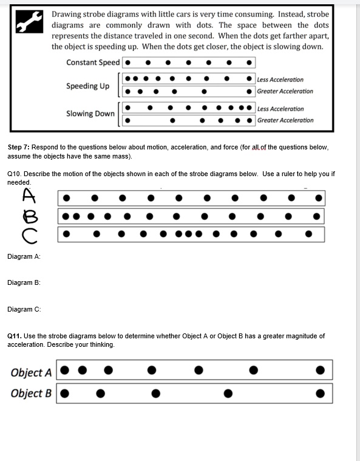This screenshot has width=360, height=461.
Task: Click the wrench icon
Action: tap(29, 21)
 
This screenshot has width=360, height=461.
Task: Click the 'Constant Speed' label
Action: tap(93, 63)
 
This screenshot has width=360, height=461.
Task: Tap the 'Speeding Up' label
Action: tap(87, 86)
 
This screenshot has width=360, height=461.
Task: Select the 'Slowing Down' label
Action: tap(90, 114)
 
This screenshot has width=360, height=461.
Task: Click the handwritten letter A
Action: tap(29, 195)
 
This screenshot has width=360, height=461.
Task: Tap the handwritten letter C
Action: tap(29, 236)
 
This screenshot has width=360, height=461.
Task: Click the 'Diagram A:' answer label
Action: tap(24, 256)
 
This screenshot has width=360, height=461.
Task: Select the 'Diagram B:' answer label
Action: tap(24, 282)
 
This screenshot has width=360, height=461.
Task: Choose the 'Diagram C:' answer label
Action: tap(24, 309)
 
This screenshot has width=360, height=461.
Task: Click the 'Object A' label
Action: tap(31, 372)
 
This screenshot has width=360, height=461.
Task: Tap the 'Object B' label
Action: tap(31, 393)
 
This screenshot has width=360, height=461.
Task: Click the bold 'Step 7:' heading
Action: tap(18, 147)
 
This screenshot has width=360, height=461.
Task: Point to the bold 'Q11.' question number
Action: tap(15, 336)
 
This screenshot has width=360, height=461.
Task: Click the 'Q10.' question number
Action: tap(15, 174)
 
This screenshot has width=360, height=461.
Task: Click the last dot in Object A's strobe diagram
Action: tap(321, 370)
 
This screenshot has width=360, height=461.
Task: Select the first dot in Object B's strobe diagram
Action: tap(64, 394)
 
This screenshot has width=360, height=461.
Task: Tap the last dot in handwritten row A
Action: tap(319, 198)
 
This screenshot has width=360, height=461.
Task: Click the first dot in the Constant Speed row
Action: tap(128, 63)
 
